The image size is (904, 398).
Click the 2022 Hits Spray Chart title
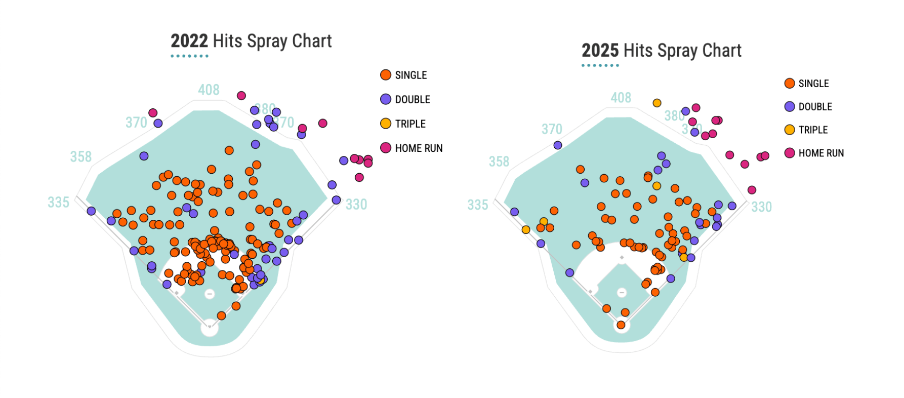pos(251,41)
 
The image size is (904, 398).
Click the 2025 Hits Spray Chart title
pos(661,51)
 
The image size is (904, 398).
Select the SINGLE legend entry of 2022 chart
pos(403,75)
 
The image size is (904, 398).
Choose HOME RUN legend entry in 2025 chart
pos(814,153)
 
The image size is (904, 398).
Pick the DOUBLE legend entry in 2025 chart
pos(808,107)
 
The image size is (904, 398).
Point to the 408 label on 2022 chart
pos(209,90)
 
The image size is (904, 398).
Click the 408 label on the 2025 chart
pos(621,98)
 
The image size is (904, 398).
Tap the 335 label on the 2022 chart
pos(58,203)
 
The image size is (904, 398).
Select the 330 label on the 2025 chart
pos(761,207)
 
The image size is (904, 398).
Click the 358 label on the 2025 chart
pos(499,162)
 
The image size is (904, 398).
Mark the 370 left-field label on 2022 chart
pos(136,123)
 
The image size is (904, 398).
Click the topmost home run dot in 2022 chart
pos(241,96)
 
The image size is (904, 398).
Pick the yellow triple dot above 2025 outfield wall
pos(657,103)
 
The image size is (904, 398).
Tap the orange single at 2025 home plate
pos(621,325)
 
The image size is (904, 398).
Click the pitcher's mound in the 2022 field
pos(210,294)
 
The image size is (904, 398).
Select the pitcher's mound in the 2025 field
pos(622,293)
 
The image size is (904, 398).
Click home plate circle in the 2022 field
pos(210,328)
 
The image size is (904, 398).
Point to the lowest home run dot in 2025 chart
pos(752,190)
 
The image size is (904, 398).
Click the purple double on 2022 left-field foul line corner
pos(91,211)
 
